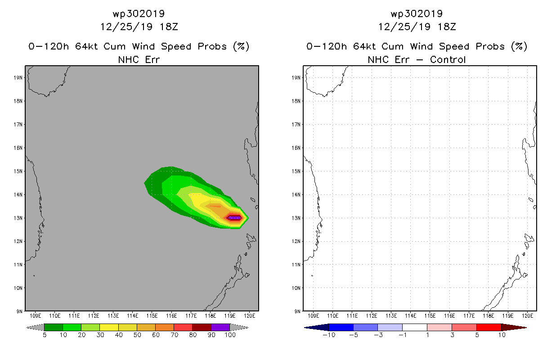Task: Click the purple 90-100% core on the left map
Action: pyautogui.click(x=234, y=218)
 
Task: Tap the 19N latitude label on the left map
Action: pyautogui.click(x=18, y=78)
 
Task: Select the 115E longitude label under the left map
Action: pyautogui.click(x=152, y=316)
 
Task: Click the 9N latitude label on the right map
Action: pyautogui.click(x=297, y=311)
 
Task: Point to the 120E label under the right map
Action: pyautogui.click(x=528, y=316)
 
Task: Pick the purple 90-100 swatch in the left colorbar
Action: pyautogui.click(x=220, y=327)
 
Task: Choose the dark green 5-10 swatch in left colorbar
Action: pyautogui.click(x=54, y=327)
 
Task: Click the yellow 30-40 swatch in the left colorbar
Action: pyautogui.click(x=109, y=327)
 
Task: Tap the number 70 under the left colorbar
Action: pyautogui.click(x=175, y=335)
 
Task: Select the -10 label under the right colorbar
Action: pyautogui.click(x=329, y=335)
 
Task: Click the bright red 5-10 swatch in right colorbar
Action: pyautogui.click(x=489, y=327)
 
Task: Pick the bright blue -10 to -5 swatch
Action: pyautogui.click(x=341, y=327)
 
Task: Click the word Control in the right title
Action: pyautogui.click(x=448, y=59)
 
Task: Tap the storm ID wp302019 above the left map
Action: pyautogui.click(x=139, y=14)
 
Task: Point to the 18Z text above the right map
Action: pyautogui.click(x=447, y=27)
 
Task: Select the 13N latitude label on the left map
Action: pyautogui.click(x=18, y=218)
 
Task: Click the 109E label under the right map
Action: pyautogui.click(x=313, y=316)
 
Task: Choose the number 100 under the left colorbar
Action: pyautogui.click(x=230, y=335)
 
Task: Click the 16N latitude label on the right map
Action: pyautogui.click(x=296, y=148)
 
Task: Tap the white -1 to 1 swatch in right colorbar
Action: pyautogui.click(x=415, y=327)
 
